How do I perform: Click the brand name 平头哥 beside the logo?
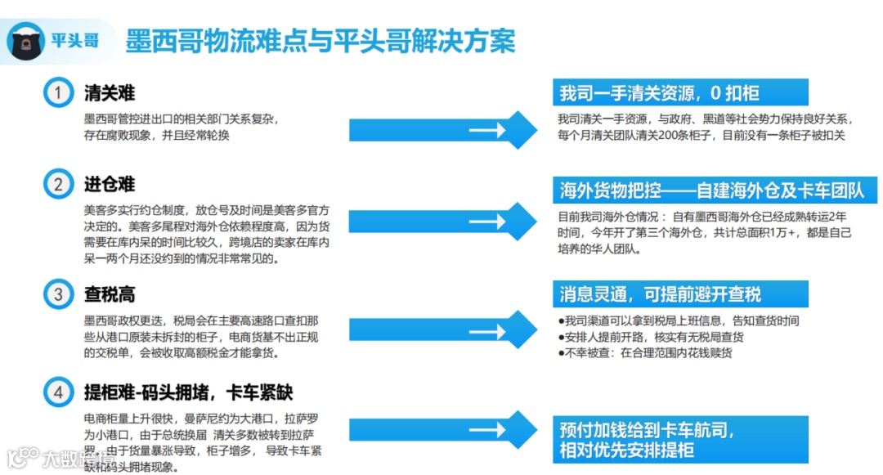74,39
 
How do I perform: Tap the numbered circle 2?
58,184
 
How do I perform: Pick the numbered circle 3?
58,294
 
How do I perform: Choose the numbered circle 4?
58,392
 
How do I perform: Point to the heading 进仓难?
110,184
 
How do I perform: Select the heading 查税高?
110,294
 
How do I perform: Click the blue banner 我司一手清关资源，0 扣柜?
680,92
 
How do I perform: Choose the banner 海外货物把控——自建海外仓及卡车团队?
710,191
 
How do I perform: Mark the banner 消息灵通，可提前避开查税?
680,294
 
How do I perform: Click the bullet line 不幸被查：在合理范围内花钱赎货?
645,353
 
